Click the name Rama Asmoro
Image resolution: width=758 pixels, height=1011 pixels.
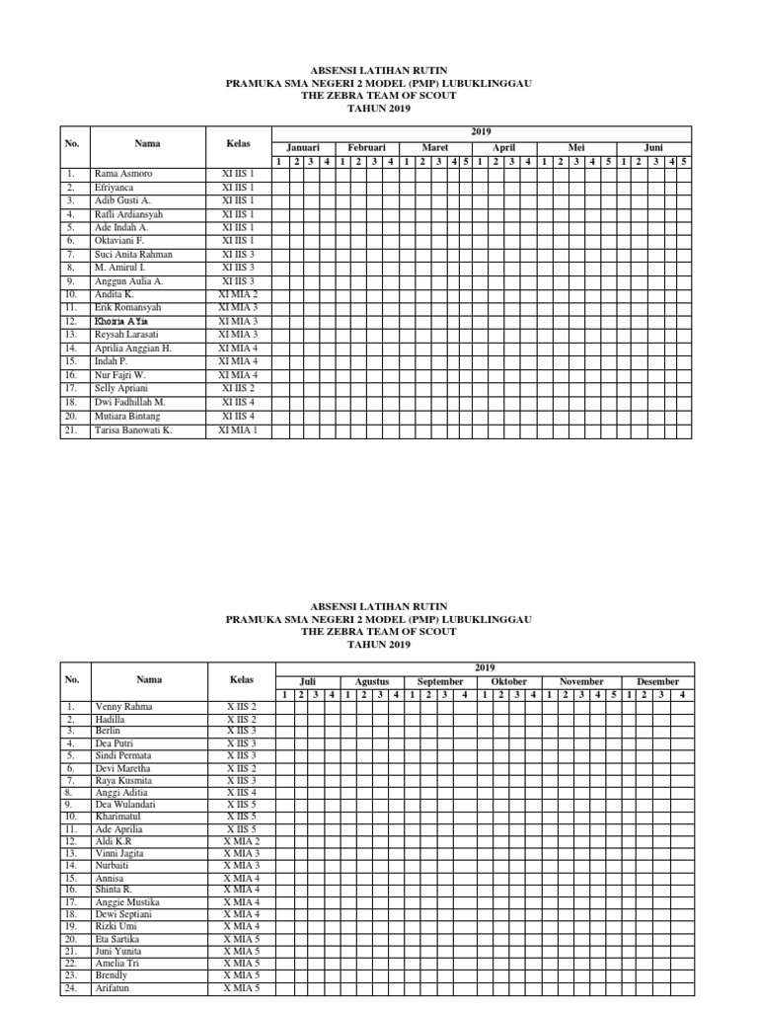point(123,173)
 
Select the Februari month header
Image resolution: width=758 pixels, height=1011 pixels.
point(366,146)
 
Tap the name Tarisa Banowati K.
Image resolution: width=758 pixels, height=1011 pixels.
point(133,429)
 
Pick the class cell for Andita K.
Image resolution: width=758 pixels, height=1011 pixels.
point(238,294)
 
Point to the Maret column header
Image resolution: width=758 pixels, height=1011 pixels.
point(434,146)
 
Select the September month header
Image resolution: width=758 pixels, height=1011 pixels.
point(440,681)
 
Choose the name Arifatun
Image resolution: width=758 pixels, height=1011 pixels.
point(115,986)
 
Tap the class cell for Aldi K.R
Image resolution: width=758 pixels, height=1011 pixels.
point(242,840)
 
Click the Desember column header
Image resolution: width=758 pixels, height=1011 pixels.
point(657,681)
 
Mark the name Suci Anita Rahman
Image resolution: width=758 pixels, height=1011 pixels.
point(133,254)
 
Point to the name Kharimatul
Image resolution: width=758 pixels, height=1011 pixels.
point(119,817)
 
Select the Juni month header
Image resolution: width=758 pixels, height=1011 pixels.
point(653,146)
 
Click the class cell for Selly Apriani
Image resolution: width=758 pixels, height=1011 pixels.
point(238,389)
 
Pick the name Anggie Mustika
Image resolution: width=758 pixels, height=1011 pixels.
point(126,901)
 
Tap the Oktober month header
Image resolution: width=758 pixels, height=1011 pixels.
point(509,681)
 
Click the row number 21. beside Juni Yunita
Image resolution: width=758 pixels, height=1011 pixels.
point(70,950)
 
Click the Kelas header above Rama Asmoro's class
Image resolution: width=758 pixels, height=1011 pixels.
point(238,144)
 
